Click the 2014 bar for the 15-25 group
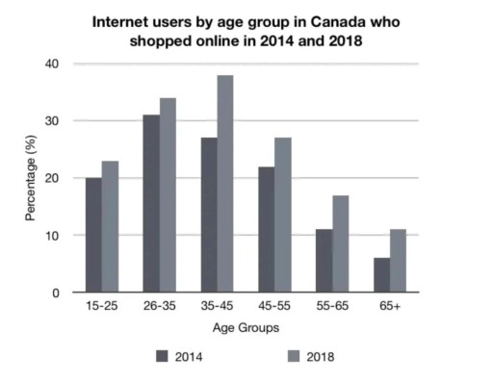93,236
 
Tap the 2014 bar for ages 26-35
151,204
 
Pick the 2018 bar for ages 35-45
225,184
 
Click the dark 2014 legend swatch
162,356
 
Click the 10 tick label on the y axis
52,236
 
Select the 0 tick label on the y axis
56,293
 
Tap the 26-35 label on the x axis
160,309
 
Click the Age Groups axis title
247,328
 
